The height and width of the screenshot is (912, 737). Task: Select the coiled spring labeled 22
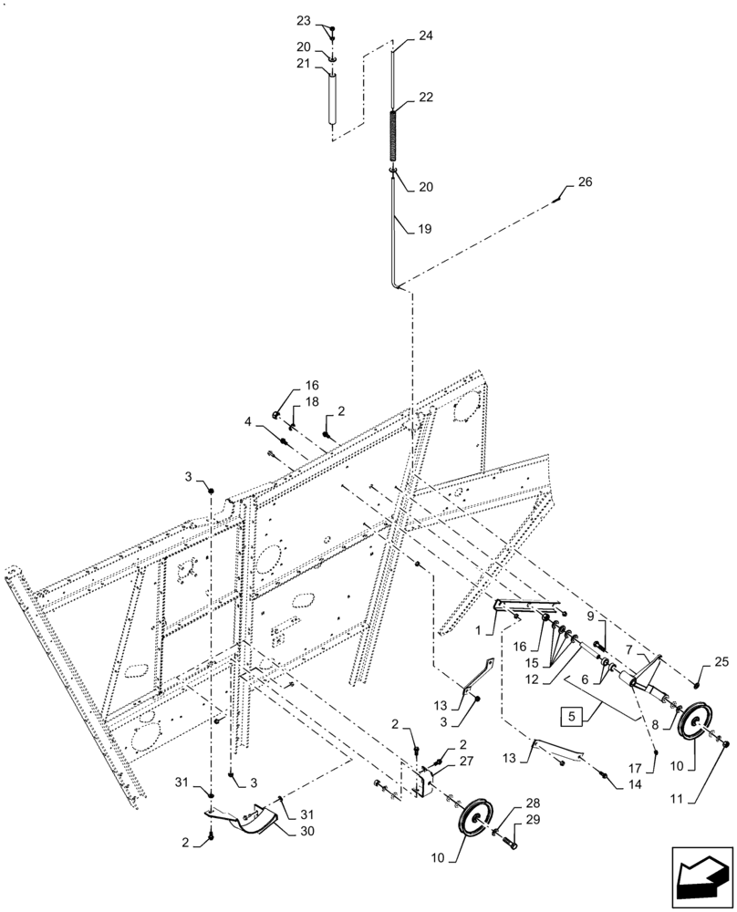(x=393, y=137)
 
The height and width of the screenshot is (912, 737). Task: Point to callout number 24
(x=426, y=36)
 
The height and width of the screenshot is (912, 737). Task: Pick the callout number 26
(x=585, y=181)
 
